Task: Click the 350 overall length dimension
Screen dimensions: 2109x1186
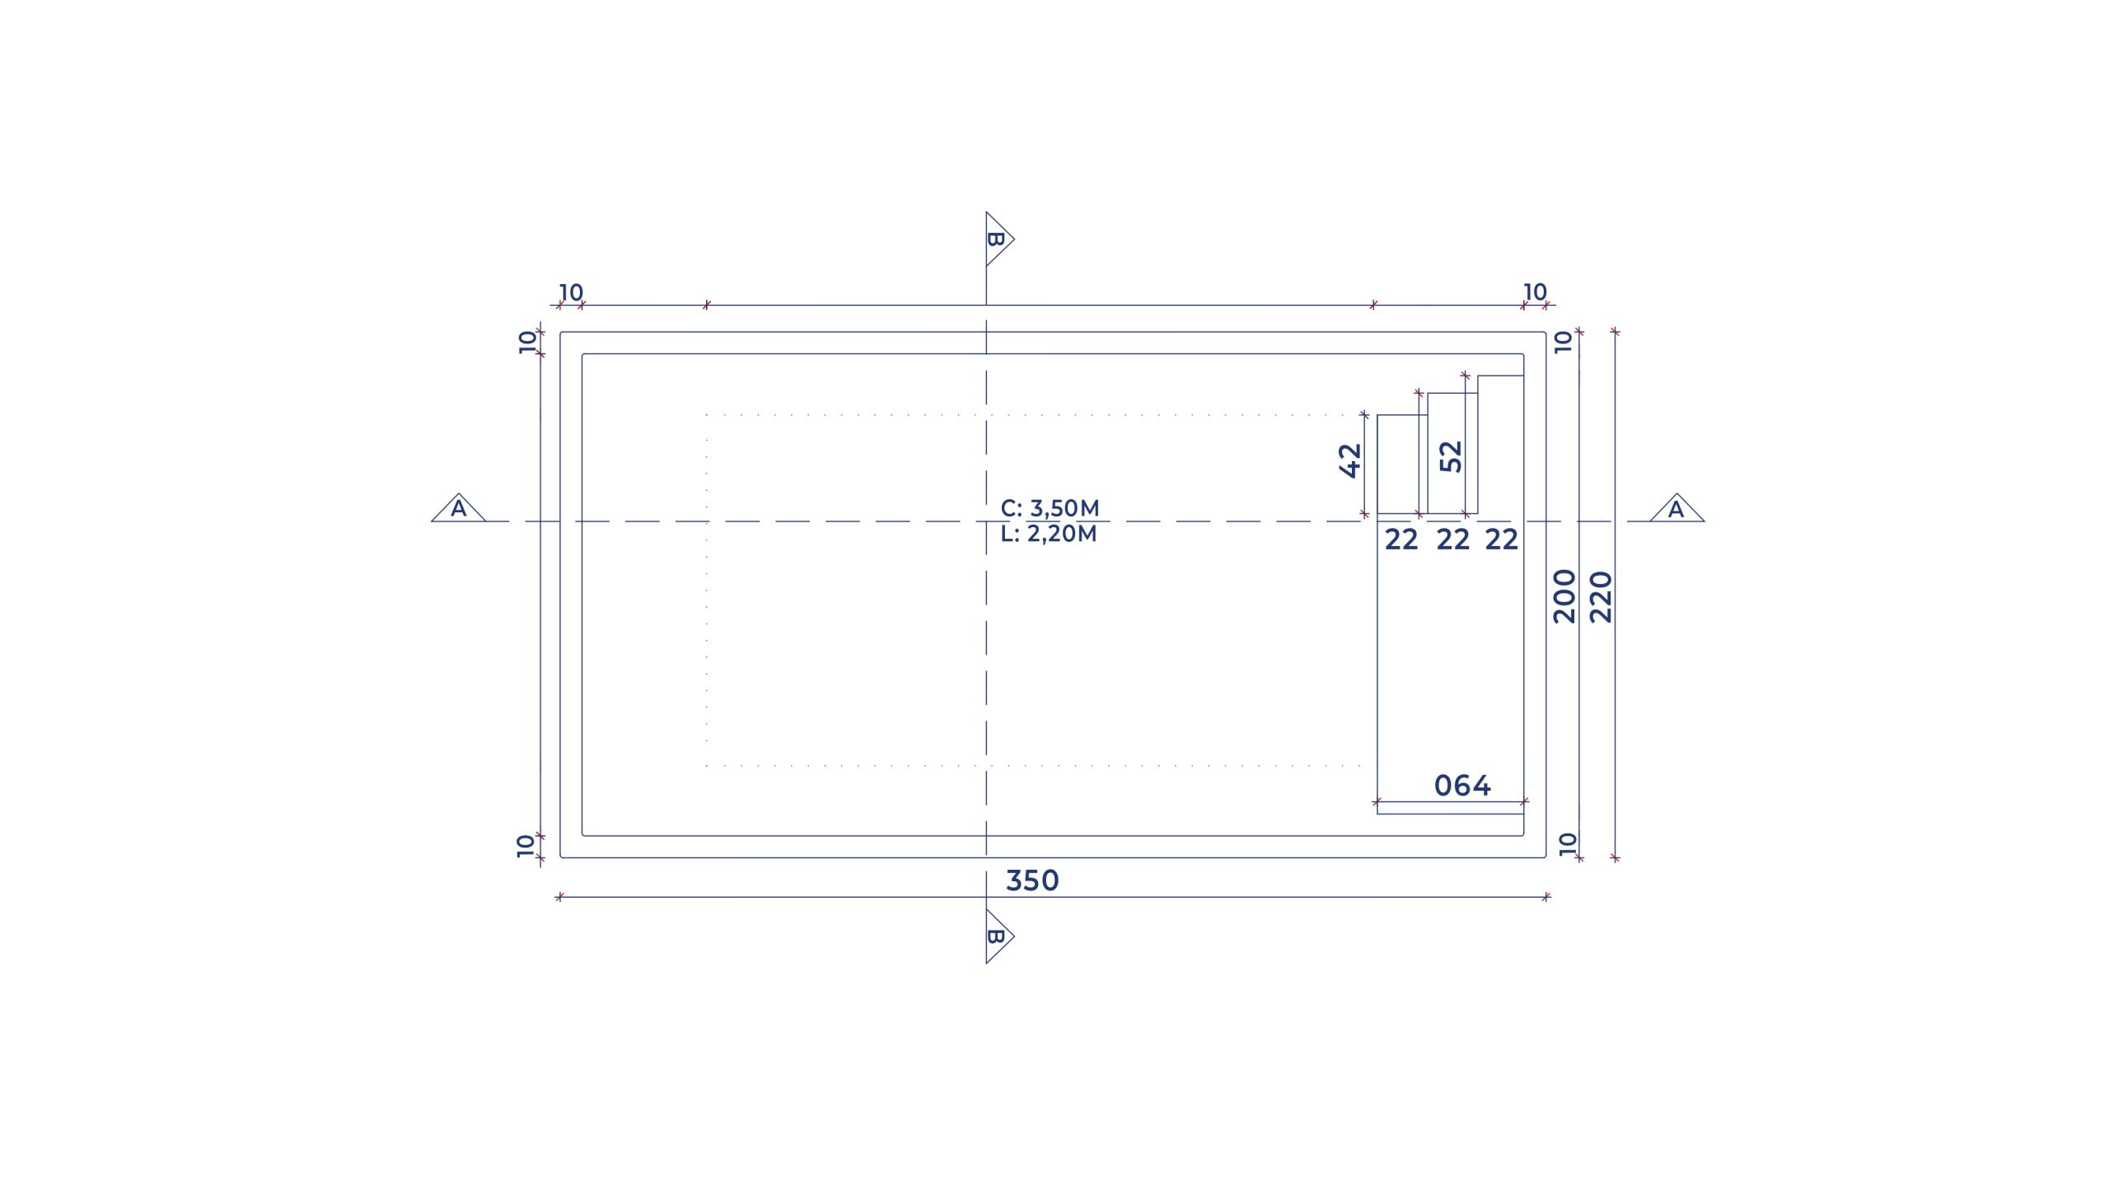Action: [1032, 880]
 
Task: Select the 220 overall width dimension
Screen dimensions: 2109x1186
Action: [1601, 597]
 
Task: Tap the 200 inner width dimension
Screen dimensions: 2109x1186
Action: [1564, 596]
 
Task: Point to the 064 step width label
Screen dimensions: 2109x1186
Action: [1462, 786]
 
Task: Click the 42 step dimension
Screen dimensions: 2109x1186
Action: [1350, 460]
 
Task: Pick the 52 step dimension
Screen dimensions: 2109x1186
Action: [1451, 457]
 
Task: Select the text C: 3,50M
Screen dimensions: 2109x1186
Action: [1050, 508]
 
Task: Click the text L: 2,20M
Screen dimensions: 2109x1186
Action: [1049, 534]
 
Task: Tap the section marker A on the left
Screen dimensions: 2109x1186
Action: [459, 508]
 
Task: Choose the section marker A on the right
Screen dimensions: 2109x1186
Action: [1676, 509]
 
